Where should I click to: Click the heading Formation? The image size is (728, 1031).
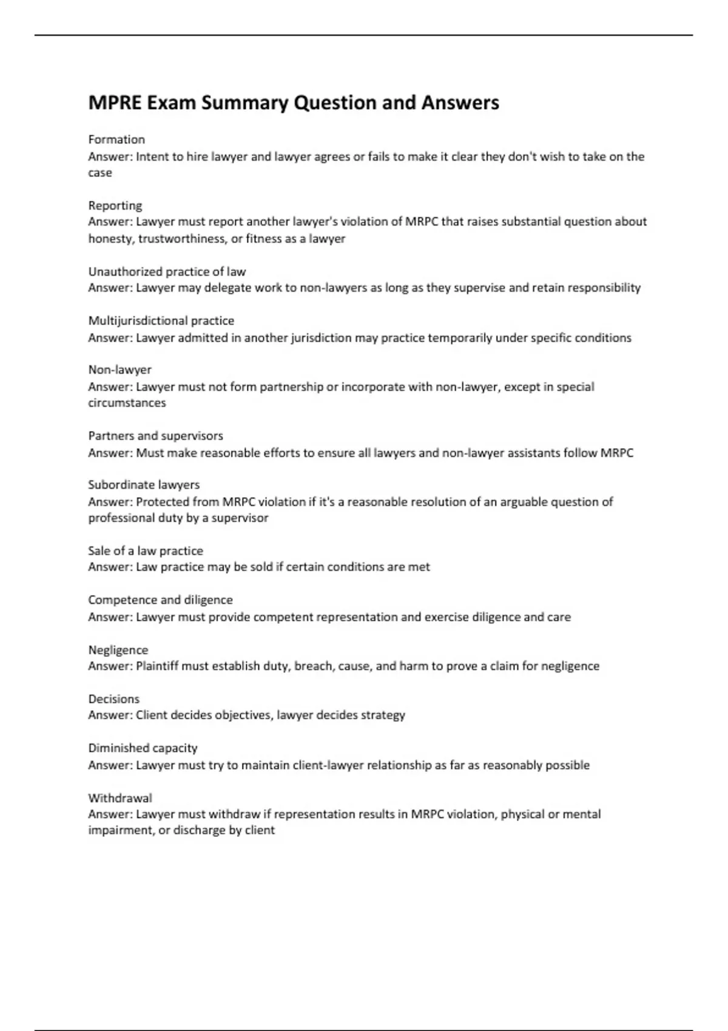pyautogui.click(x=116, y=139)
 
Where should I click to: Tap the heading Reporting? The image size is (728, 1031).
pyautogui.click(x=115, y=206)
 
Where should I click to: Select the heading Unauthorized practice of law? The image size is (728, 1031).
pyautogui.click(x=167, y=272)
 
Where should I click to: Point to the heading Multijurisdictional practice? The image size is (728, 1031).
pyautogui.click(x=161, y=321)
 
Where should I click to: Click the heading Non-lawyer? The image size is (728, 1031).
pyautogui.click(x=120, y=370)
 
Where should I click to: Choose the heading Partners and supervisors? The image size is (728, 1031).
pyautogui.click(x=155, y=436)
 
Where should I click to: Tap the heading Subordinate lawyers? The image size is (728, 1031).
pyautogui.click(x=144, y=485)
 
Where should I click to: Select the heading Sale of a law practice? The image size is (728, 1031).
pyautogui.click(x=146, y=551)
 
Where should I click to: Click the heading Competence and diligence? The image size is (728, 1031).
pyautogui.click(x=160, y=600)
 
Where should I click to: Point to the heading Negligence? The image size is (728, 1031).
pyautogui.click(x=118, y=650)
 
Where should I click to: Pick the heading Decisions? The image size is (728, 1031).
pyautogui.click(x=113, y=699)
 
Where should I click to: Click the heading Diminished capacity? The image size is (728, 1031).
pyautogui.click(x=143, y=748)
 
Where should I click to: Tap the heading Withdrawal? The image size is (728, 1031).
pyautogui.click(x=120, y=798)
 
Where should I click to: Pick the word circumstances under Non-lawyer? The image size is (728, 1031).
pyautogui.click(x=127, y=403)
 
